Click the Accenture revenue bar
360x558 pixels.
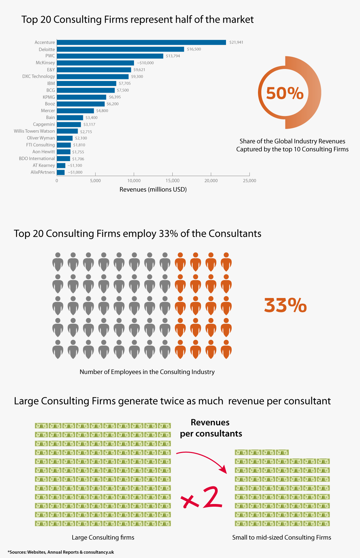click(141, 42)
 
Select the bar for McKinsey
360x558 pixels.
click(95, 63)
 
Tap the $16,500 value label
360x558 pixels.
click(194, 49)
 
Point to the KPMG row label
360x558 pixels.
click(49, 97)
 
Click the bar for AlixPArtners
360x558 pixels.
click(61, 172)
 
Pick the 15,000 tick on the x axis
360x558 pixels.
click(172, 181)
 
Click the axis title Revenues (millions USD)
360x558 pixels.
click(153, 189)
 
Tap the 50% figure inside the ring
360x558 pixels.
click(285, 93)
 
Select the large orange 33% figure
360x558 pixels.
click(285, 305)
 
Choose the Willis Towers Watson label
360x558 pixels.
click(34, 131)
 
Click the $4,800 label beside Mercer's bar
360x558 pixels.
click(102, 111)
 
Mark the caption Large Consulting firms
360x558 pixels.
click(103, 537)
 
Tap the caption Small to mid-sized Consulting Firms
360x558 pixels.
click(282, 537)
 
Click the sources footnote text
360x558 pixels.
click(61, 552)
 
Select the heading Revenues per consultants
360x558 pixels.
click(211, 428)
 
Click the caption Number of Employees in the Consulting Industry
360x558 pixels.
click(147, 372)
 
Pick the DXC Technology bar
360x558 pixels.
click(93, 77)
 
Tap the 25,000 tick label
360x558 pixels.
click(249, 181)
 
